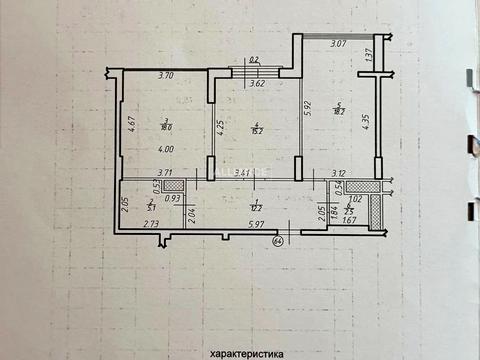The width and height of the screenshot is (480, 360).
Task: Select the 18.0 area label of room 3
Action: [x=167, y=127]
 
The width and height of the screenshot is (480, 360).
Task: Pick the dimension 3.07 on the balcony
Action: [x=337, y=44]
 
